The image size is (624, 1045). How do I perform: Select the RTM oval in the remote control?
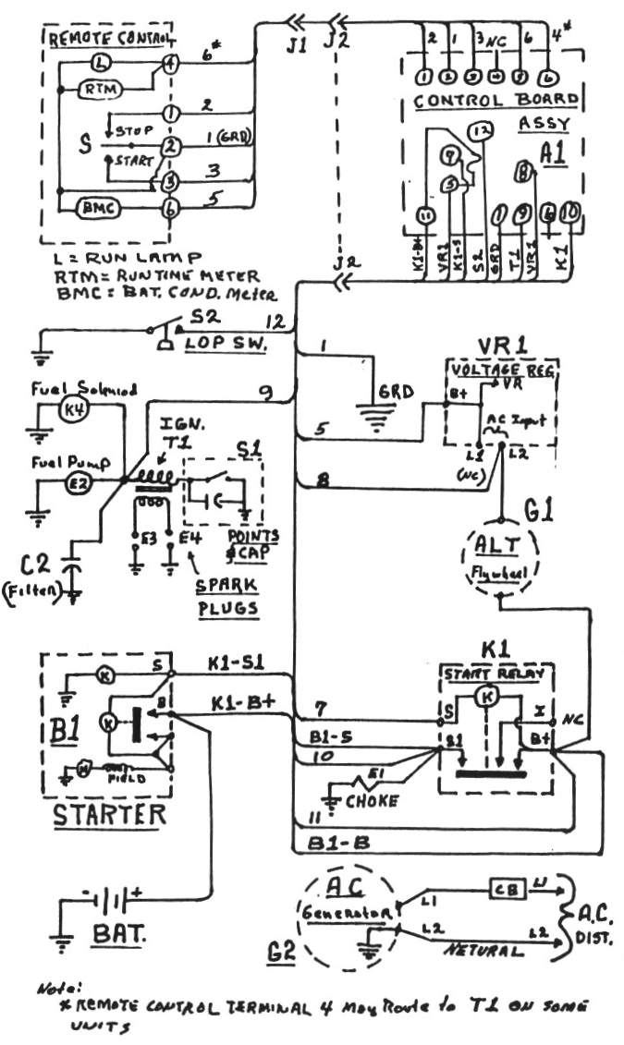94,89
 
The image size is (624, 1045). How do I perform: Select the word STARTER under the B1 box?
108,815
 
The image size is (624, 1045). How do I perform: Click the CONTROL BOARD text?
496,100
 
